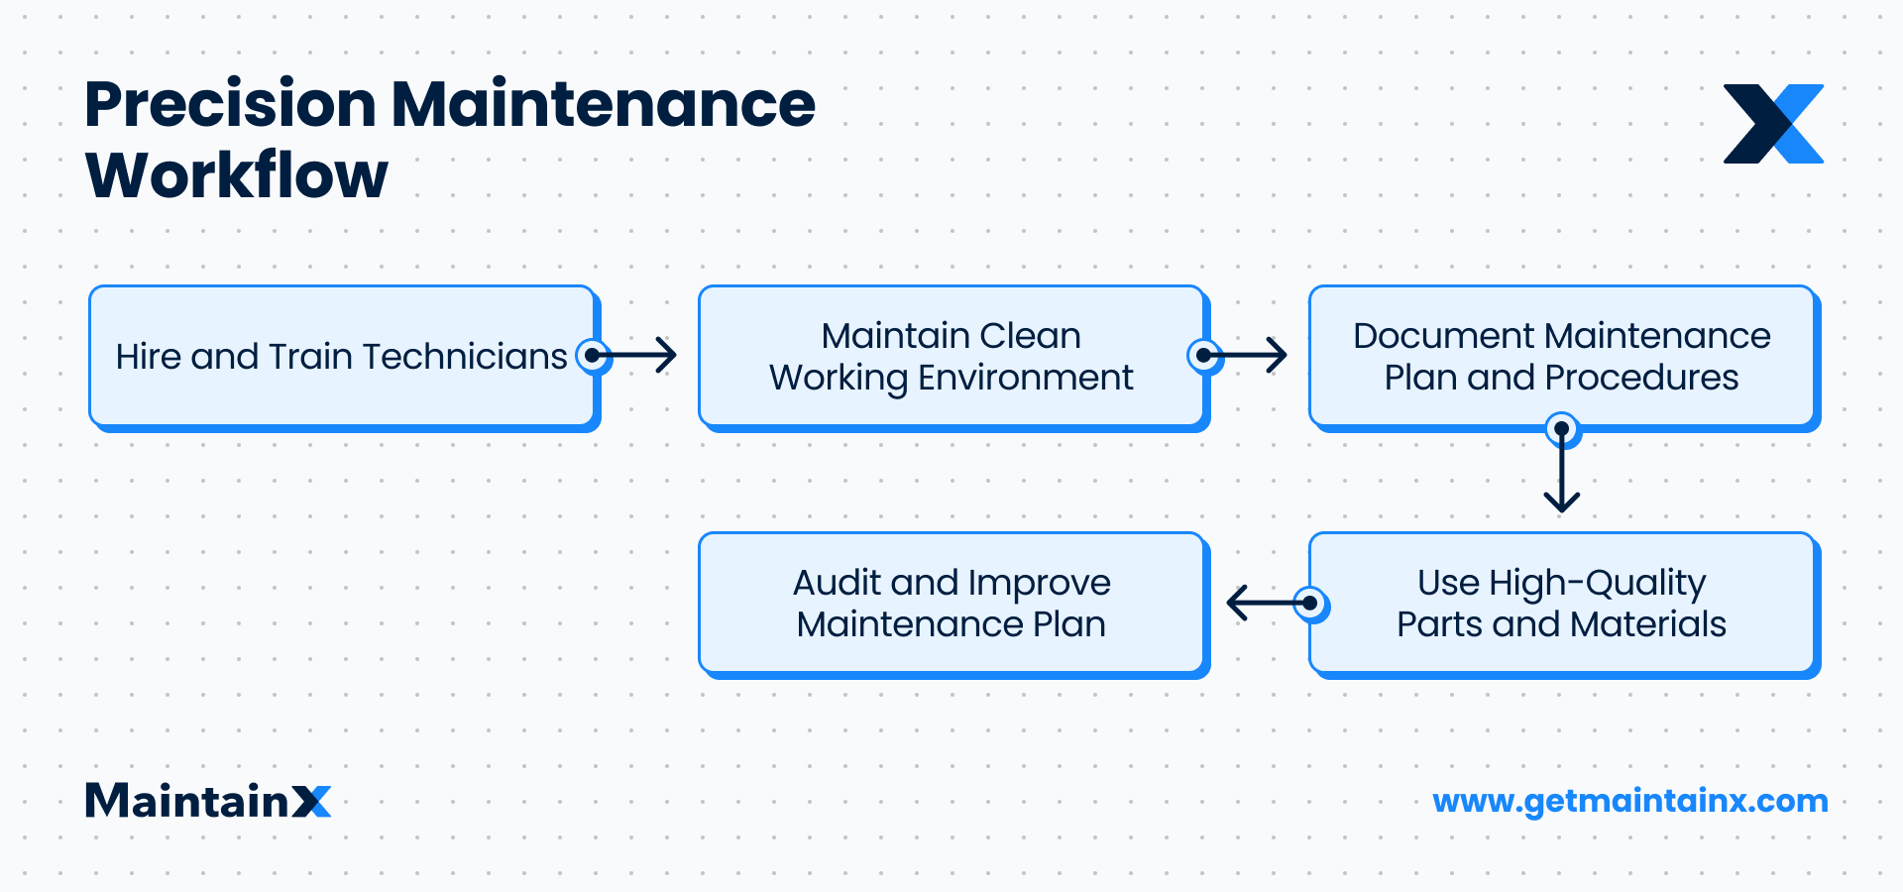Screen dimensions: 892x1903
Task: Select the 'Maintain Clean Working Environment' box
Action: (x=951, y=356)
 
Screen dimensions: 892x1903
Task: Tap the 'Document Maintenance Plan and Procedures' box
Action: (x=1561, y=356)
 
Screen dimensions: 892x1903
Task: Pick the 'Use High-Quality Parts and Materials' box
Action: (x=1561, y=603)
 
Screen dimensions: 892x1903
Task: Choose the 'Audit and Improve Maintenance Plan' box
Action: (x=951, y=603)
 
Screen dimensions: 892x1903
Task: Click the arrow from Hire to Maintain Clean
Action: (x=639, y=355)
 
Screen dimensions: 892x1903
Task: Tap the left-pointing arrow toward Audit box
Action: (x=1264, y=602)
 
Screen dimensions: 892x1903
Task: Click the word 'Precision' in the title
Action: (x=230, y=105)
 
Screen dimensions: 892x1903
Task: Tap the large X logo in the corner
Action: (x=1773, y=124)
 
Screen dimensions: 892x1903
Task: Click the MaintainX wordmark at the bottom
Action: (x=208, y=801)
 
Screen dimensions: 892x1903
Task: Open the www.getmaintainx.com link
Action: (x=1630, y=801)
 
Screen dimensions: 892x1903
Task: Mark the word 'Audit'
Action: (x=837, y=583)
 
